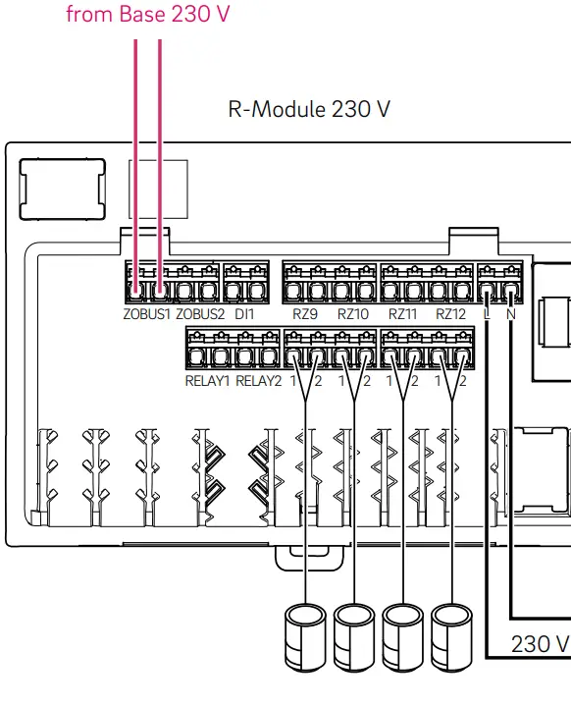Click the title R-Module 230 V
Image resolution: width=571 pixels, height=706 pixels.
pyautogui.click(x=309, y=109)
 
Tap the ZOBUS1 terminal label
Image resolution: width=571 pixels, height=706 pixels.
pyautogui.click(x=147, y=314)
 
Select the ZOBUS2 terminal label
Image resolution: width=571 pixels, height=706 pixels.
pyautogui.click(x=200, y=314)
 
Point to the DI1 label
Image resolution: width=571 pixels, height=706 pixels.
pyautogui.click(x=244, y=314)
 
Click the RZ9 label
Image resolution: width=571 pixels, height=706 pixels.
pyautogui.click(x=305, y=314)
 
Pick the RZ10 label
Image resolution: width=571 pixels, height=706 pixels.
pyautogui.click(x=353, y=314)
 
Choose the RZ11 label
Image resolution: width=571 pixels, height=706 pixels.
pyautogui.click(x=403, y=314)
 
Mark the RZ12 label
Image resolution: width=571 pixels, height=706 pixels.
pyautogui.click(x=450, y=314)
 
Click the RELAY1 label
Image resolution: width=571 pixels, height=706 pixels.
pyautogui.click(x=207, y=381)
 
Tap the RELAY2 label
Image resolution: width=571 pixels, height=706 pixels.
pyautogui.click(x=259, y=381)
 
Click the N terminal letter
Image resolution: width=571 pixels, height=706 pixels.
pyautogui.click(x=511, y=314)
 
